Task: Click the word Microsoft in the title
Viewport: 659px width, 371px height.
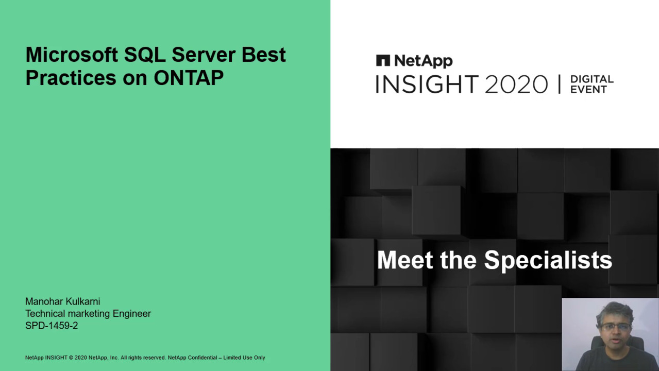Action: click(x=72, y=55)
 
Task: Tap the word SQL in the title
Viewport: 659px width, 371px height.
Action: click(x=145, y=55)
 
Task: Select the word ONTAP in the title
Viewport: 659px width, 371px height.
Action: click(x=189, y=78)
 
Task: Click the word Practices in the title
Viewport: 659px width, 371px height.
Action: click(x=71, y=78)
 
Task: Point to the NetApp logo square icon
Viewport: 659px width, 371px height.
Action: click(x=383, y=60)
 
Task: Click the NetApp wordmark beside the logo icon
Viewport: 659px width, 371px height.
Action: click(x=424, y=61)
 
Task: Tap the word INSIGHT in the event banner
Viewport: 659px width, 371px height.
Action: click(x=427, y=84)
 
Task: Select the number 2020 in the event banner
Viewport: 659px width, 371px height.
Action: click(x=516, y=85)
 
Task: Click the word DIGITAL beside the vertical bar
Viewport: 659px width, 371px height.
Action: click(x=592, y=79)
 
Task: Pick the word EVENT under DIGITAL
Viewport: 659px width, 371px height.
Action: click(x=589, y=90)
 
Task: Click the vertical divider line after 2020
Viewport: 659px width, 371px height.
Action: click(x=559, y=84)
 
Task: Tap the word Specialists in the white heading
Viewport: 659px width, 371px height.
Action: click(x=548, y=261)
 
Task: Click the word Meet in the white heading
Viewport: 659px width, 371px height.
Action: click(x=405, y=260)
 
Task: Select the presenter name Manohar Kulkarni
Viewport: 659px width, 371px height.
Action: click(x=63, y=301)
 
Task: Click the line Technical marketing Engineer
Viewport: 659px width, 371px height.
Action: click(x=88, y=314)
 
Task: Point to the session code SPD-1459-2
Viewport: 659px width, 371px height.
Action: click(x=52, y=326)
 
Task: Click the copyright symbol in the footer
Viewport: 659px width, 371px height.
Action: click(x=71, y=358)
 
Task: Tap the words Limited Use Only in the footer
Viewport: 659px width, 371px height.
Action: click(x=244, y=358)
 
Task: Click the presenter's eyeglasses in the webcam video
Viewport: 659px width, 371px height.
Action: click(x=616, y=327)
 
